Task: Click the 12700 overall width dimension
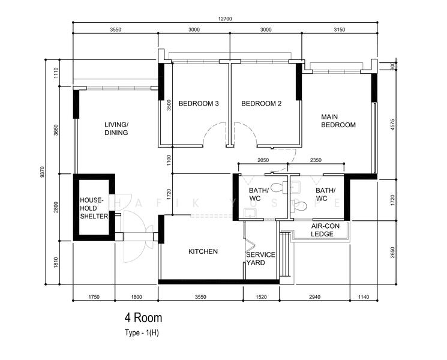click(225, 19)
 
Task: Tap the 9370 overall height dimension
click(43, 172)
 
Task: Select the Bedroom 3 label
click(199, 103)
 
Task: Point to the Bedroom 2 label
click(261, 103)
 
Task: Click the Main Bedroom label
click(338, 121)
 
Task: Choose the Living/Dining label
click(116, 128)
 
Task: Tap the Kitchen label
click(203, 251)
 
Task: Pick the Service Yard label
click(260, 259)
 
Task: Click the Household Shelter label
click(94, 208)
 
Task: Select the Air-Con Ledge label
click(325, 230)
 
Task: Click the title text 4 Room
click(143, 318)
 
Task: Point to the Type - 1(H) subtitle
click(142, 332)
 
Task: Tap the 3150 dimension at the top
click(339, 29)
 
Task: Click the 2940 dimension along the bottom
click(314, 297)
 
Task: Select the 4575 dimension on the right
click(393, 125)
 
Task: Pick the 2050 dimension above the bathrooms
click(263, 160)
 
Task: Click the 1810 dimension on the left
click(56, 263)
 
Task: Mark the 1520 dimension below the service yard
click(261, 297)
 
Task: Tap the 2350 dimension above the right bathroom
click(316, 160)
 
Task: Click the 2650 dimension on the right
click(393, 253)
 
